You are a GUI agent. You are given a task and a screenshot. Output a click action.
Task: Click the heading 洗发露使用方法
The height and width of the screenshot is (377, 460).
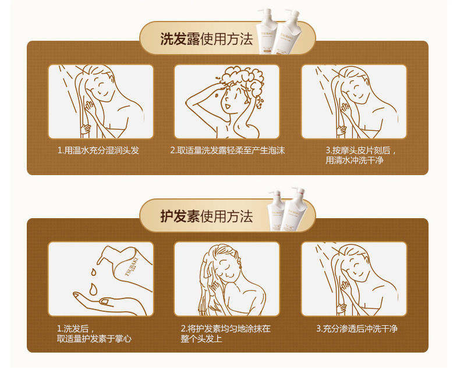pyautogui.click(x=206, y=39)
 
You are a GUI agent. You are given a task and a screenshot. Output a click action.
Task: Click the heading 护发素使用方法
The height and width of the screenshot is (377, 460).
pyautogui.click(x=206, y=216)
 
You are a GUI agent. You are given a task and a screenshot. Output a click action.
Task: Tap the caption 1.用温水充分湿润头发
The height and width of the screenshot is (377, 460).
pyautogui.click(x=98, y=151)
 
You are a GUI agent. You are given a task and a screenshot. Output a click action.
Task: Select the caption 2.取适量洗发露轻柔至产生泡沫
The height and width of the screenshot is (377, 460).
pyautogui.click(x=227, y=151)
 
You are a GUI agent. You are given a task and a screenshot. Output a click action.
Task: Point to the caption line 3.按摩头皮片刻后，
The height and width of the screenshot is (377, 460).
pyautogui.click(x=361, y=151)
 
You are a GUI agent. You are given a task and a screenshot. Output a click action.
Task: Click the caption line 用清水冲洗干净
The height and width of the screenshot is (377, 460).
pyautogui.click(x=355, y=161)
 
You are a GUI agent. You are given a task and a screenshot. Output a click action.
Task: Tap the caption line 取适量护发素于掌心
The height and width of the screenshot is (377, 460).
pyautogui.click(x=94, y=339)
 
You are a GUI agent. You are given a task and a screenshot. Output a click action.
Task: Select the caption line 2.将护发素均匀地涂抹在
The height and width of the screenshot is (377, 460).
pyautogui.click(x=225, y=329)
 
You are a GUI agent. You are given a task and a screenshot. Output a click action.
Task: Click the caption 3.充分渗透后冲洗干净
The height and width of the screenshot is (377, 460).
pyautogui.click(x=357, y=329)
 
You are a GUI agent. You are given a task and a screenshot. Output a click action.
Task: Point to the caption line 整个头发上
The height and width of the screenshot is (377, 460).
pyautogui.click(x=201, y=339)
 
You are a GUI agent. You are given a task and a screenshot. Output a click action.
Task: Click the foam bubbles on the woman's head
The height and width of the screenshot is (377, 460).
pyautogui.click(x=243, y=81)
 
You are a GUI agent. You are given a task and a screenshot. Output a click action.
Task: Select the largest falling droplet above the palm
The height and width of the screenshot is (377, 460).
pyautogui.click(x=94, y=289)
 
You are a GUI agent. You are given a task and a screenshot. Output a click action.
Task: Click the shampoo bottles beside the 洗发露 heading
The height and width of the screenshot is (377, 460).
pyautogui.click(x=278, y=31)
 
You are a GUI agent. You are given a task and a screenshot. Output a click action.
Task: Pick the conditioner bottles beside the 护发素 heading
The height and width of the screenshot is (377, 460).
pyautogui.click(x=287, y=209)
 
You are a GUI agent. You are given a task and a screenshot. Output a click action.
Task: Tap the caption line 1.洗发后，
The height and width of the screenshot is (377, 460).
pyautogui.click(x=76, y=329)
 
